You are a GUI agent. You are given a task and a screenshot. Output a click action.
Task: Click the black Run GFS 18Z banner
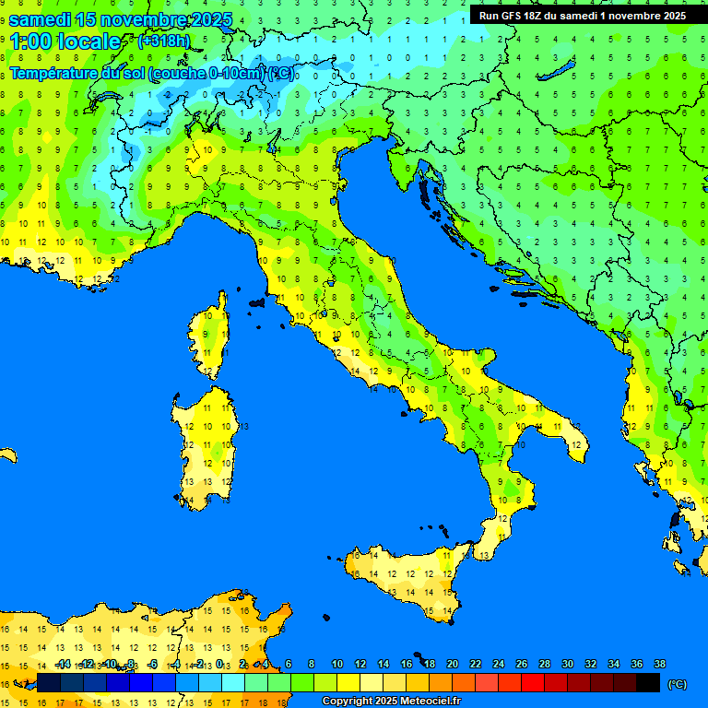point(582,16)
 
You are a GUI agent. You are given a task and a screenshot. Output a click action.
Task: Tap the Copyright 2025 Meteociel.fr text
point(391,701)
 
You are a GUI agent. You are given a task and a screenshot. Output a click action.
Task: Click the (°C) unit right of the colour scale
point(677,683)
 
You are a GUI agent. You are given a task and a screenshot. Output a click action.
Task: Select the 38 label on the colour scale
point(659,664)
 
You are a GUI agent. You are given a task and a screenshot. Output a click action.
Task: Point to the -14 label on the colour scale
point(63,664)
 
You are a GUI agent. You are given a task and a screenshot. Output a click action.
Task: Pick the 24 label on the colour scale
point(499,664)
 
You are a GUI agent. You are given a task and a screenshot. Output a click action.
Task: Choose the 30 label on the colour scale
point(568,664)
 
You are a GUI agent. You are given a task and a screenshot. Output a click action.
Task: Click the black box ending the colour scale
point(648,682)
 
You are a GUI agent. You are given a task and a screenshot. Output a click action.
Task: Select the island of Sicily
point(406,576)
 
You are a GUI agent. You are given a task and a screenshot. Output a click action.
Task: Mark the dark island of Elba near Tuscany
point(257,301)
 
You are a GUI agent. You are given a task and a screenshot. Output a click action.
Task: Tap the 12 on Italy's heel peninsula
point(575,444)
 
